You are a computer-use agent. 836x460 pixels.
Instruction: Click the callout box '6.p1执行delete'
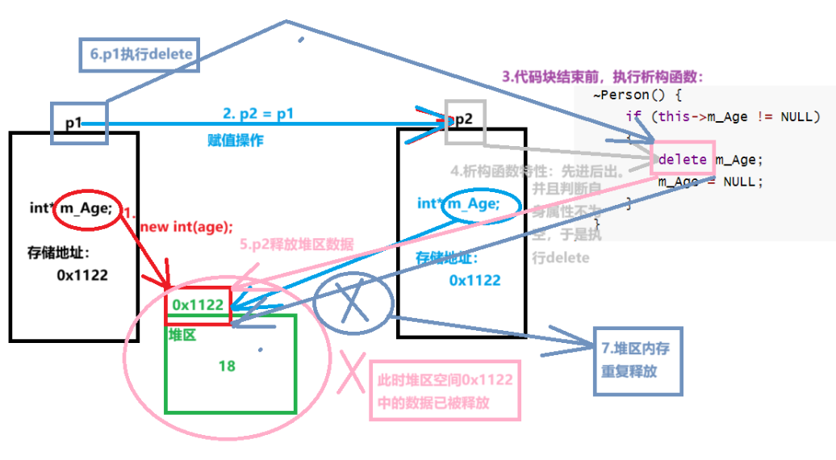pos(140,55)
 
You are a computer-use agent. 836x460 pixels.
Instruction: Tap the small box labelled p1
pos(78,123)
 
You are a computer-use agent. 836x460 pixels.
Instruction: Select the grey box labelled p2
pos(464,121)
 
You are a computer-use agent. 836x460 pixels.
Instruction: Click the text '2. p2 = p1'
pos(258,114)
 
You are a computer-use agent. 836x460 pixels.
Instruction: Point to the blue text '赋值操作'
pos(236,140)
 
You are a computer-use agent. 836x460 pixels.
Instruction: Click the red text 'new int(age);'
pos(186,226)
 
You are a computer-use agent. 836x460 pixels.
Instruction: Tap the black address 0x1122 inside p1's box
pos(82,274)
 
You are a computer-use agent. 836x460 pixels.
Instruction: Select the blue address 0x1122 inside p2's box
pos(474,280)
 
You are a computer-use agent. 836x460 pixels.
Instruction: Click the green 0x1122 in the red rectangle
pos(198,306)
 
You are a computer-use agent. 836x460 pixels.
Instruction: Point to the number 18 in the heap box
pos(227,366)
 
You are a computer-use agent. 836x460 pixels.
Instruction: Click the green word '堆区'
pos(182,334)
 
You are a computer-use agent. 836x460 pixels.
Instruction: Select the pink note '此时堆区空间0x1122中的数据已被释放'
pos(445,391)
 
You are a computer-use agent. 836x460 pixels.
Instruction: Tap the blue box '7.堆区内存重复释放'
pos(637,361)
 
